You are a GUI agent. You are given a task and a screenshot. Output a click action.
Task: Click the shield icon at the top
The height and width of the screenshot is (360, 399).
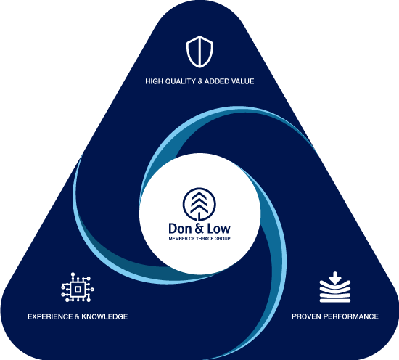pos(199,52)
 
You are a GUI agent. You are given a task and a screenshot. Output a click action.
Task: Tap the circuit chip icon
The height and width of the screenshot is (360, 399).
pos(78,287)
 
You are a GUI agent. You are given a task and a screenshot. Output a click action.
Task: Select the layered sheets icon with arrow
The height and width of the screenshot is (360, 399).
pos(335,287)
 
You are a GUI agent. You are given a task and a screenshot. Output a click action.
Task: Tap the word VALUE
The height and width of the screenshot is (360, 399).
pos(243,81)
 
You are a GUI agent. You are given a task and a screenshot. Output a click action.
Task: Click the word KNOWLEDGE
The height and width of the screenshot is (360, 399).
pos(104,316)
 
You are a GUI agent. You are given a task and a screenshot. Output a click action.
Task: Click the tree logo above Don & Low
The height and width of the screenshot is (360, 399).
pos(199,204)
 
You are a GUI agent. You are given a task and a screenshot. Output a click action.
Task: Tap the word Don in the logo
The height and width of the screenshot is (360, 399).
pos(181,229)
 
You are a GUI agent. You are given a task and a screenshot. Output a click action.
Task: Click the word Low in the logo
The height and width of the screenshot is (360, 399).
pos(218,229)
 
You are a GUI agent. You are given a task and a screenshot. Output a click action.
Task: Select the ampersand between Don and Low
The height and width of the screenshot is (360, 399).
pos(199,229)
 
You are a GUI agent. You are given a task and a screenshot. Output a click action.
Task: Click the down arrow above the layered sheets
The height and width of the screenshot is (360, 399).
pos(335,278)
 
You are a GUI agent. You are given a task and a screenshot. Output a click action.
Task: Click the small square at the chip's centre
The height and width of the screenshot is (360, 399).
pos(78,289)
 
